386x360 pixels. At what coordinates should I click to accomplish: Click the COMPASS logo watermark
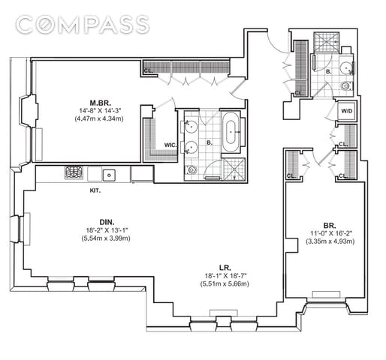[x=83, y=25]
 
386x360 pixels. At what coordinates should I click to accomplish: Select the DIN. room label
[x=107, y=222]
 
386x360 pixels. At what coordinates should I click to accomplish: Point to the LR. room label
[x=225, y=268]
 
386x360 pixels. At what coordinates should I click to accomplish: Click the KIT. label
[x=95, y=190]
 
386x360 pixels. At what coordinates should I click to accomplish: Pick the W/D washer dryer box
[x=346, y=111]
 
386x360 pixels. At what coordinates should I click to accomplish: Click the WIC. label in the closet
[x=170, y=145]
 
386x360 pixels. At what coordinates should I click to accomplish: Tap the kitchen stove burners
[x=74, y=172]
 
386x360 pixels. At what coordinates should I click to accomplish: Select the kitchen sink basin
[x=109, y=175]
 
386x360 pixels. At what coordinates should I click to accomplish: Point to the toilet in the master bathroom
[x=191, y=169]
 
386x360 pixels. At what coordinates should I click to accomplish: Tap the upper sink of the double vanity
[x=191, y=126]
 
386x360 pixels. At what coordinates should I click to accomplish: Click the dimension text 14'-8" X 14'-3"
[x=100, y=110]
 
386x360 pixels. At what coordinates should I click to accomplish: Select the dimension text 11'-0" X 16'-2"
[x=331, y=233]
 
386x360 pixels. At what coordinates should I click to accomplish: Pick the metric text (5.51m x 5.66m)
[x=225, y=284]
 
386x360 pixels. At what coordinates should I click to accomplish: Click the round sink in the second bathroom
[x=345, y=67]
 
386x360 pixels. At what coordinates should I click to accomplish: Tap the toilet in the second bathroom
[x=346, y=86]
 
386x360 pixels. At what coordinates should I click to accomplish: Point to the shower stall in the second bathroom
[x=327, y=42]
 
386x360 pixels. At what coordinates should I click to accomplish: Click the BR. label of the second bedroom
[x=330, y=226]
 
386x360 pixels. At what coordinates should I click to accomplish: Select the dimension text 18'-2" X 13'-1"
[x=107, y=230]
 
